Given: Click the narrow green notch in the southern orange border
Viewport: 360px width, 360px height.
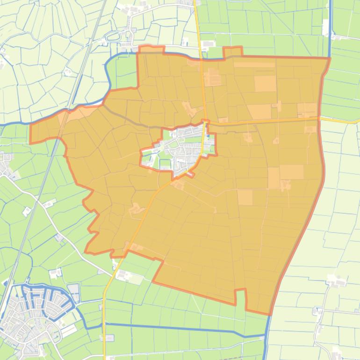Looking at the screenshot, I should (x=240, y=297).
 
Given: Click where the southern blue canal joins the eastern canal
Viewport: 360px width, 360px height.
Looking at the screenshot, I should (x=267, y=335).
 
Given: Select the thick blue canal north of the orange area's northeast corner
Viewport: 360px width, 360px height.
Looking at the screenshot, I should (x=330, y=28).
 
